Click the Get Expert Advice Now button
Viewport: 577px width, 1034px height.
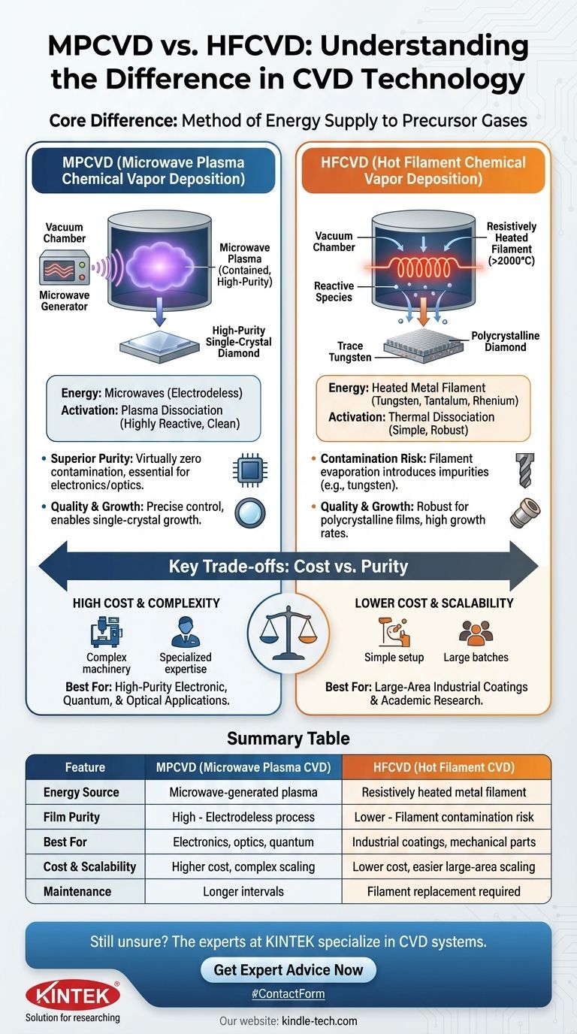coord(288,969)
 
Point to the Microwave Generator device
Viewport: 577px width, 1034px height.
coord(64,270)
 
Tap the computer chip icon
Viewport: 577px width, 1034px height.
coord(246,469)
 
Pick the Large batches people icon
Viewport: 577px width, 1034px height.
coord(476,633)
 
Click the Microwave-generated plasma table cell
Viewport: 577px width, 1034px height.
coord(243,792)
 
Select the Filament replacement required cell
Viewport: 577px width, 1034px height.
coord(443,891)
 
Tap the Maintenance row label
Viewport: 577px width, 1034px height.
coord(77,891)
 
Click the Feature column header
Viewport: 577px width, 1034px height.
coord(85,767)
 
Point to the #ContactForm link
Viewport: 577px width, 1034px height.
coord(288,993)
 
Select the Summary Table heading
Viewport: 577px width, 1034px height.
coord(288,738)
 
